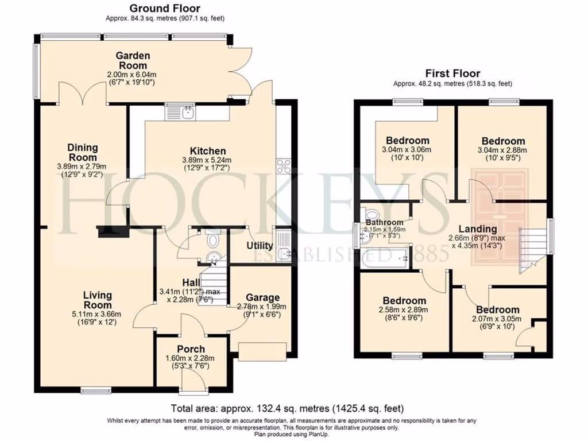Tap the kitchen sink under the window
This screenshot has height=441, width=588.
pyautogui.click(x=180, y=112)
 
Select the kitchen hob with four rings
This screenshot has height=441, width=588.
pyautogui.click(x=284, y=166)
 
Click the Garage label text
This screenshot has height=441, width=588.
pyautogui.click(x=262, y=297)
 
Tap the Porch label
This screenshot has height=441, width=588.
pyautogui.click(x=191, y=349)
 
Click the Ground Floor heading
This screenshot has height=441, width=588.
pyautogui.click(x=165, y=8)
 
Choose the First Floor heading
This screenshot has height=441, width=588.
pyautogui.click(x=452, y=73)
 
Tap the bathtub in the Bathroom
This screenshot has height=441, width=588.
pyautogui.click(x=385, y=258)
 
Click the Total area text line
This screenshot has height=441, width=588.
pyautogui.click(x=287, y=409)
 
